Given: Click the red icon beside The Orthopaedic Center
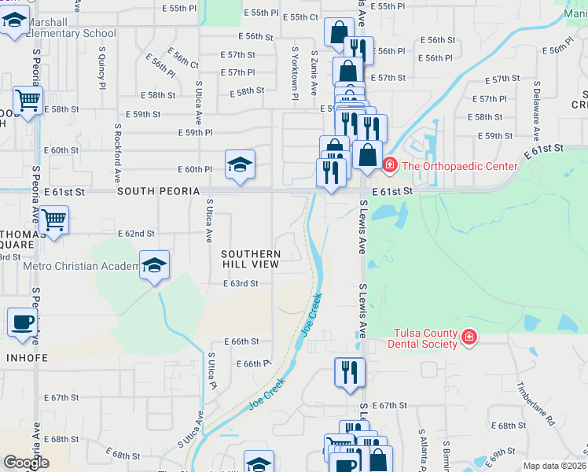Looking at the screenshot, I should point(388,165).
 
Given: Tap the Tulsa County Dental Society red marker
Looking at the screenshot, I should point(469,337).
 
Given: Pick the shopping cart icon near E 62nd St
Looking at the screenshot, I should point(53,220).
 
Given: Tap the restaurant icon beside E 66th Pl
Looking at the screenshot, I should point(349,371).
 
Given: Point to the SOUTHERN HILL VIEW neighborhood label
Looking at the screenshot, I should point(251,260).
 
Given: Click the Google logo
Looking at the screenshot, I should point(27,463).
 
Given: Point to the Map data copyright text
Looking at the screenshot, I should point(553,466).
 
